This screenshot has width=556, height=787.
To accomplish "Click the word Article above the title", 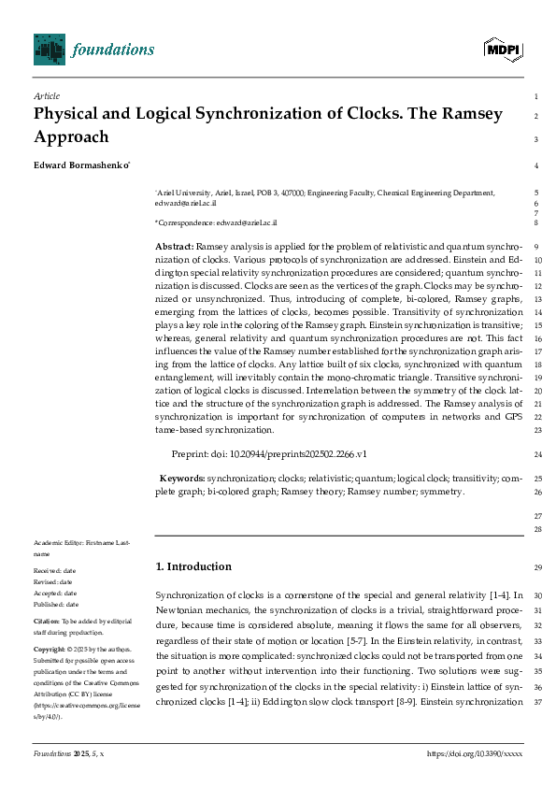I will (x=45, y=96).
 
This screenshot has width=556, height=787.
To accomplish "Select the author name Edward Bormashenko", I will (x=81, y=165).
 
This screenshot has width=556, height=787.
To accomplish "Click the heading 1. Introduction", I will (x=192, y=566).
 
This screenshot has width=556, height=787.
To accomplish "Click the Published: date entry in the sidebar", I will (x=58, y=604).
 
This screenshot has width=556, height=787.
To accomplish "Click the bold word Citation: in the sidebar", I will (x=47, y=621).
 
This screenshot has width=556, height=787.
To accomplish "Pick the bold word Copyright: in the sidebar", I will (x=50, y=648).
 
